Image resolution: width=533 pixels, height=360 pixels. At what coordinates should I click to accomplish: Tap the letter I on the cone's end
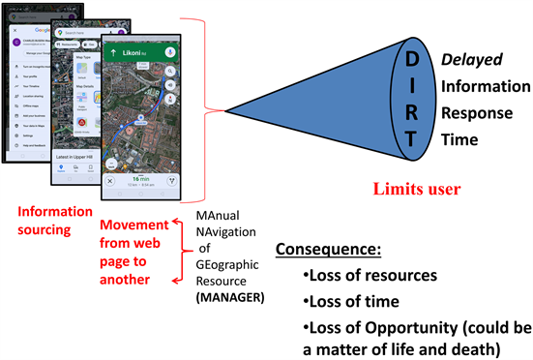(x=412, y=86)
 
